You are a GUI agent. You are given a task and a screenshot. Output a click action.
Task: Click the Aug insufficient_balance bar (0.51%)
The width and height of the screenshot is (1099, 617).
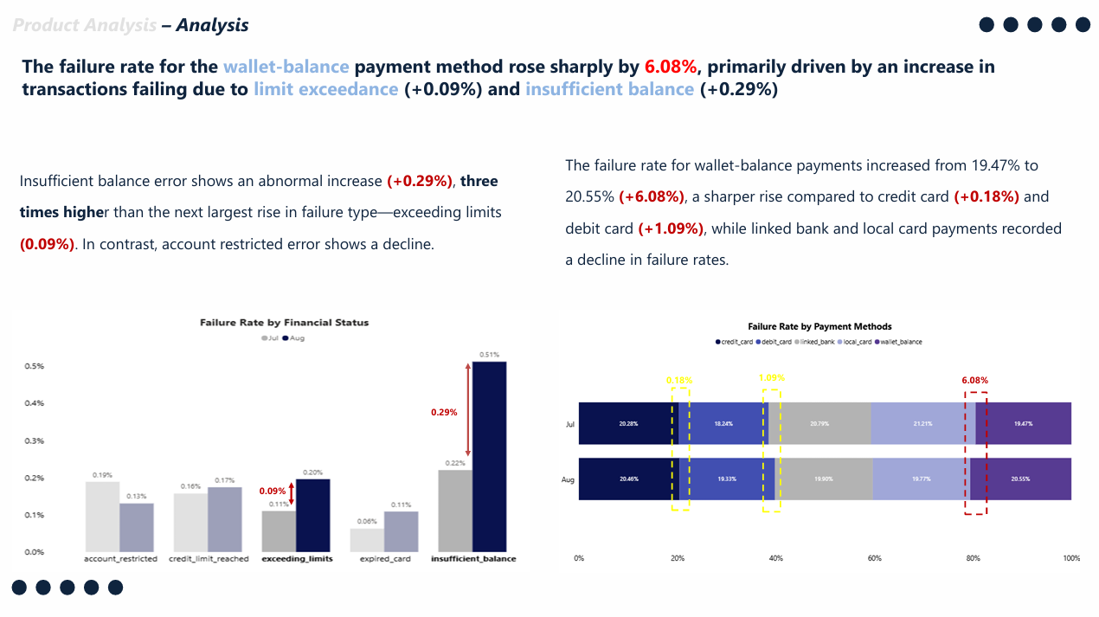[x=489, y=456]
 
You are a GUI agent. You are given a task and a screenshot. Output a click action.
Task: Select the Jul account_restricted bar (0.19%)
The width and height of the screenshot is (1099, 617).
[x=102, y=517]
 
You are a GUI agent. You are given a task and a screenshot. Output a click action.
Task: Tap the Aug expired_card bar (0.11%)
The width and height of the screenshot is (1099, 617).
[x=401, y=531]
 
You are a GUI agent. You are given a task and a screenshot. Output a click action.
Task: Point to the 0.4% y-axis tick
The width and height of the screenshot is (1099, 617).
[x=34, y=403]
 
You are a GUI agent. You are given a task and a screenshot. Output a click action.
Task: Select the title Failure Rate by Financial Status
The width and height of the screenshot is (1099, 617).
[x=284, y=323]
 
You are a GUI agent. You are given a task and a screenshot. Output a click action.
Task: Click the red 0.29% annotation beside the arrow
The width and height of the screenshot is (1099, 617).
[x=444, y=413]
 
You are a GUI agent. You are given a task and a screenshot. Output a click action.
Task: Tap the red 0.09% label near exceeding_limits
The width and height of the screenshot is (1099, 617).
[x=273, y=492]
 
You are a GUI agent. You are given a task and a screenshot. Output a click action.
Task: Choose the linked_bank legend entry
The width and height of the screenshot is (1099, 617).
[x=813, y=342]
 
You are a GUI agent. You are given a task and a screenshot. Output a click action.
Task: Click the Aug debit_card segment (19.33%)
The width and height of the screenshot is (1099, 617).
[x=727, y=479]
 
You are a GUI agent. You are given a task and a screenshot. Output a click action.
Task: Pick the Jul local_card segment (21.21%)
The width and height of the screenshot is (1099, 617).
[x=922, y=424]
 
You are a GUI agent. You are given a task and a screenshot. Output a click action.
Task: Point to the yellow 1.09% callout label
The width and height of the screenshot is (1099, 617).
[x=772, y=378]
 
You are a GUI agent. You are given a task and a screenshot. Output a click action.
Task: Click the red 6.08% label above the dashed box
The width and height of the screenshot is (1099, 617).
[x=974, y=380]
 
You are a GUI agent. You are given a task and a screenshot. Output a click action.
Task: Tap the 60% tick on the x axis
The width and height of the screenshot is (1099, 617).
[x=875, y=559]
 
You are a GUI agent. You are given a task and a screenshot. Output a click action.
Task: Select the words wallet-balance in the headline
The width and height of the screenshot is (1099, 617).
[x=286, y=67]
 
